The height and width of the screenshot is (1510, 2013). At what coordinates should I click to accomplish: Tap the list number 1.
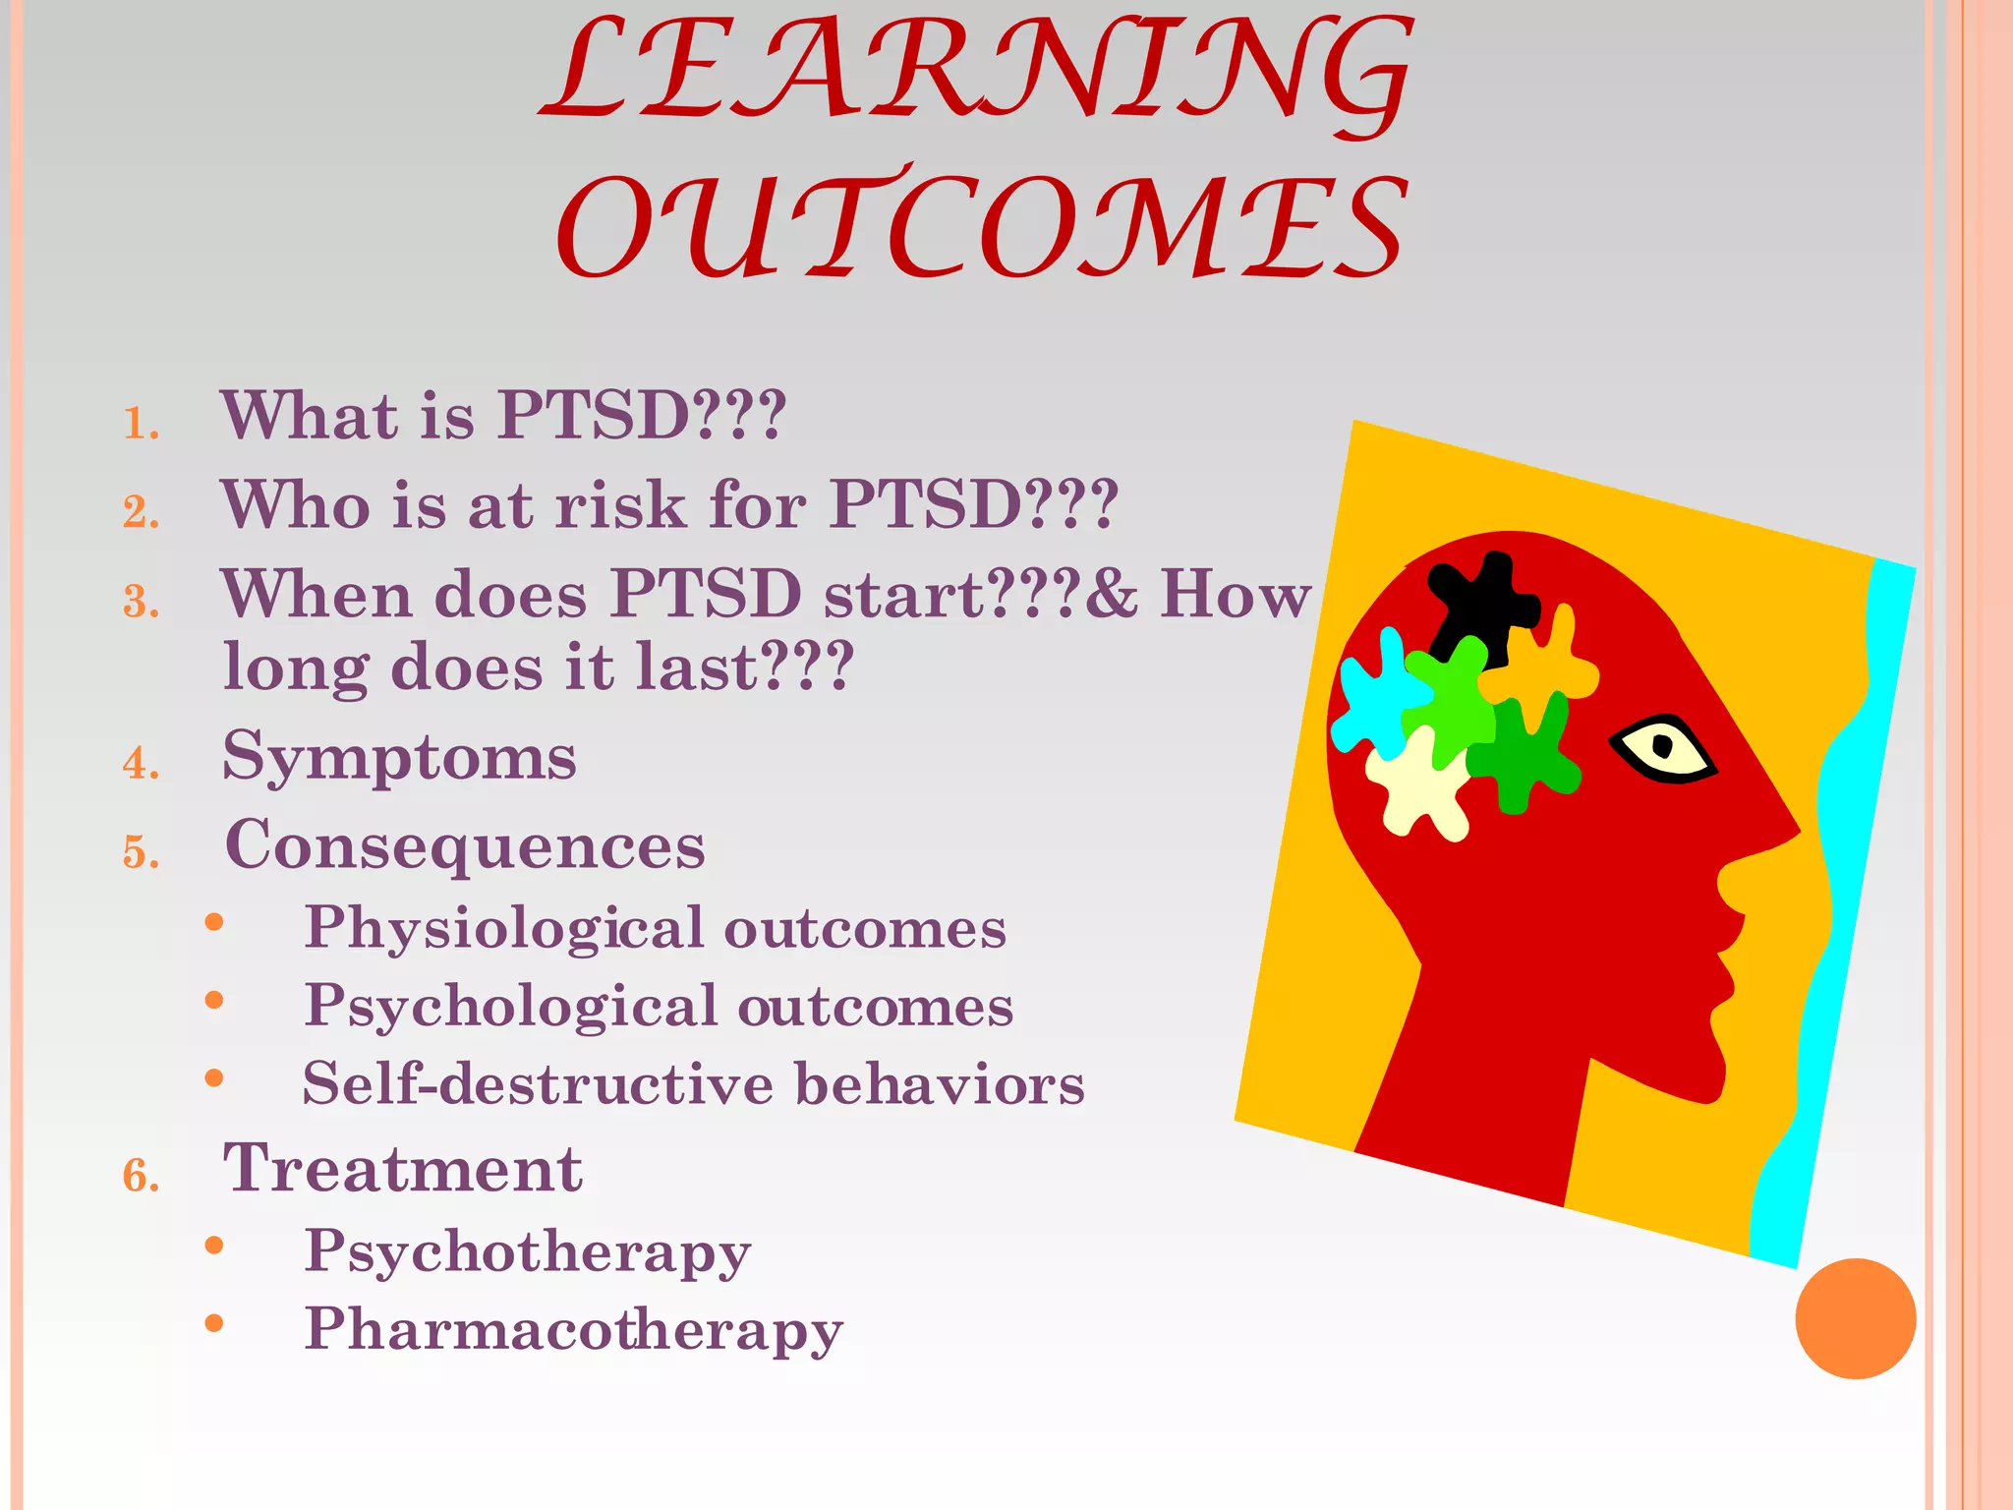point(141,424)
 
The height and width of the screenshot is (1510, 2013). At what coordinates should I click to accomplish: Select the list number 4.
point(142,764)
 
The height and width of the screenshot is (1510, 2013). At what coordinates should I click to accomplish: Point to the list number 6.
point(142,1176)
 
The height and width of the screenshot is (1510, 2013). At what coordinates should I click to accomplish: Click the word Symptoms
point(399,758)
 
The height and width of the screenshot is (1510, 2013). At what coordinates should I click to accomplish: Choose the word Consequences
point(465,845)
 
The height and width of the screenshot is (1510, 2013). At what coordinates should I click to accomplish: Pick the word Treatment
point(403,1169)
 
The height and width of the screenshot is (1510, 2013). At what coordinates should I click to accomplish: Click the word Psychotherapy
point(528,1252)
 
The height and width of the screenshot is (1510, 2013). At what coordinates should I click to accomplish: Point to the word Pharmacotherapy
point(574,1329)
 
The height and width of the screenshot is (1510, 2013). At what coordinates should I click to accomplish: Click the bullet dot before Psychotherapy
point(214,1246)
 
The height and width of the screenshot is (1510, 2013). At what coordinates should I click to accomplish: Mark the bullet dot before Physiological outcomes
point(214,922)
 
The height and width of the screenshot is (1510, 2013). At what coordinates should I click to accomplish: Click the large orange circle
point(1855,1318)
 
